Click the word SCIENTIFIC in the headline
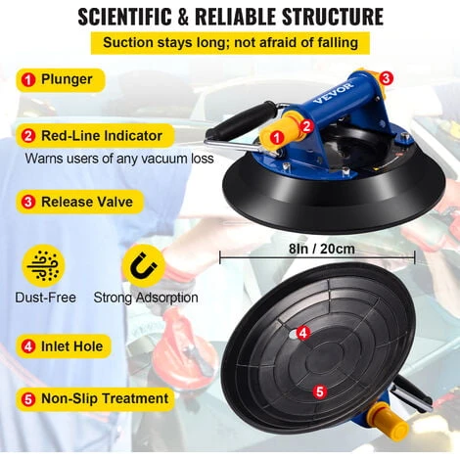tap(124, 17)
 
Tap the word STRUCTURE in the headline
tap(333, 17)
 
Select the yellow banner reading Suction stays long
tap(230, 43)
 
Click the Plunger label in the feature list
tap(61, 79)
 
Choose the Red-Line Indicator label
tap(95, 136)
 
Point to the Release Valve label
tap(80, 202)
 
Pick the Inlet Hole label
tap(64, 346)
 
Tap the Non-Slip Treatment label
tap(95, 398)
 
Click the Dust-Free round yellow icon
tap(43, 266)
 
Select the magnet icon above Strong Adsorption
tap(144, 266)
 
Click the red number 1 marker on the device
tap(277, 138)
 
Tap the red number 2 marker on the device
tap(306, 126)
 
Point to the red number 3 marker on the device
tap(386, 78)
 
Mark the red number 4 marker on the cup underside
tap(303, 334)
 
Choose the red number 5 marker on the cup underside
tap(320, 391)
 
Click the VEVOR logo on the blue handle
tap(333, 92)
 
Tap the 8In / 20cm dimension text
tap(321, 249)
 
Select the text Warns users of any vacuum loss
tap(119, 159)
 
